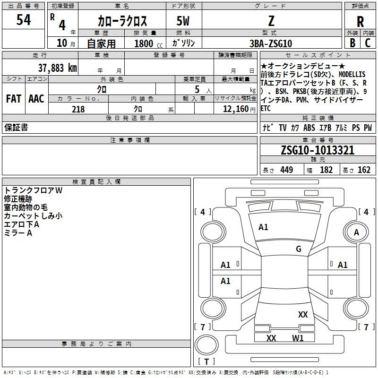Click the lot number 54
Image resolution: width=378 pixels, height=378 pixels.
pos(24,19)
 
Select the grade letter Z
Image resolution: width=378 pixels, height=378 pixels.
pos(271,21)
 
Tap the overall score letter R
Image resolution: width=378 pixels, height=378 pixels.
pos(360,22)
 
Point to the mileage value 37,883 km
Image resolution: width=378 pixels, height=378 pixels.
pos(57,68)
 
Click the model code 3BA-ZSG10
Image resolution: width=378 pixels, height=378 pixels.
pos(270,43)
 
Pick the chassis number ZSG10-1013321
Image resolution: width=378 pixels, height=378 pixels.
pos(318,150)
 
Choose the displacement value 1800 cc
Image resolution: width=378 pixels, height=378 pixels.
pos(148,43)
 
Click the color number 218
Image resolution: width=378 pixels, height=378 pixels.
pos(78,109)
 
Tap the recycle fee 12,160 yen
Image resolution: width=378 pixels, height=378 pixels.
pos(239,109)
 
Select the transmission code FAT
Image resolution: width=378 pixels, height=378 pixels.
pos(14,99)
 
